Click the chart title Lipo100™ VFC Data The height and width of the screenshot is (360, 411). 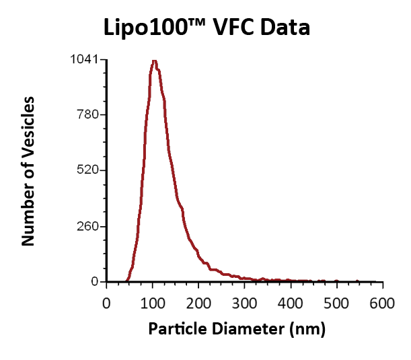point(206,28)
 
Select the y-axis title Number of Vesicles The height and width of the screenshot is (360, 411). point(28,171)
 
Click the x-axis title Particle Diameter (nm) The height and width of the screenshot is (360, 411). point(237,329)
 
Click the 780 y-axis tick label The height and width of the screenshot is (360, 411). point(87,114)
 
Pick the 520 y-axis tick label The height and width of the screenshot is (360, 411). point(87,170)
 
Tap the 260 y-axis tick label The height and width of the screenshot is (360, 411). point(87,226)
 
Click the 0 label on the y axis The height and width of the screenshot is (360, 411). point(95,281)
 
